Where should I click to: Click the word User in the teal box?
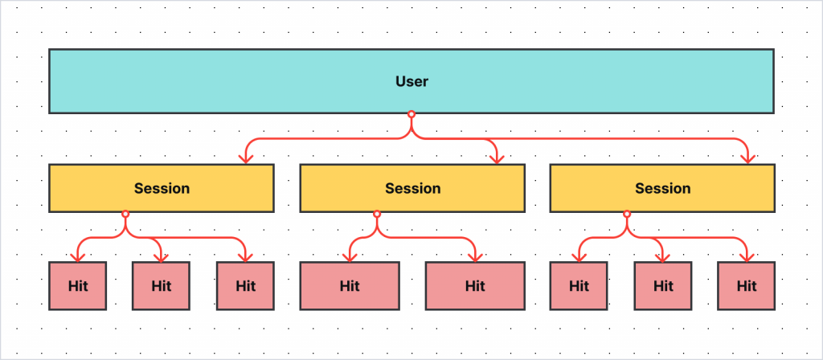pyautogui.click(x=411, y=81)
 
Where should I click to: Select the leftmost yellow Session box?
pyautogui.click(x=162, y=188)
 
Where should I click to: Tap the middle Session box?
pyautogui.click(x=412, y=188)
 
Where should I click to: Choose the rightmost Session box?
pyautogui.click(x=662, y=188)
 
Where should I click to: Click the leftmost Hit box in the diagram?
pyautogui.click(x=78, y=285)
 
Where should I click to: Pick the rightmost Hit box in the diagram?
pyautogui.click(x=747, y=285)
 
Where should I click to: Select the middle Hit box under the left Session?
pyautogui.click(x=162, y=285)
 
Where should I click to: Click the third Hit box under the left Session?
pyautogui.click(x=245, y=285)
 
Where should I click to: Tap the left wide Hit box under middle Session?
pyautogui.click(x=350, y=285)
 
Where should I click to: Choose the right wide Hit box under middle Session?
pyautogui.click(x=475, y=285)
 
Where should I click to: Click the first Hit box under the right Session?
pyautogui.click(x=579, y=285)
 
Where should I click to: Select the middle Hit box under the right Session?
pyautogui.click(x=663, y=285)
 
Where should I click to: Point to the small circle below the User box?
pyautogui.click(x=411, y=115)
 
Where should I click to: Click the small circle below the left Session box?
pyautogui.click(x=125, y=214)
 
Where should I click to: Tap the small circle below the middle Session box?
pyautogui.click(x=376, y=214)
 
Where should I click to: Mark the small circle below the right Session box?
pyautogui.click(x=627, y=214)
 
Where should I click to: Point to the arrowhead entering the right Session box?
pyautogui.click(x=747, y=158)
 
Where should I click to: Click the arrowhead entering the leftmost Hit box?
pyautogui.click(x=78, y=256)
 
